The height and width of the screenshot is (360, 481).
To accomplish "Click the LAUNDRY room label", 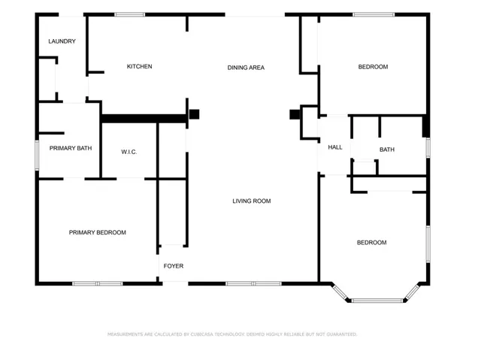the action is tap(62, 41).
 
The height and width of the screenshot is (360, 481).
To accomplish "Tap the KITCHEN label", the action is tap(140, 66).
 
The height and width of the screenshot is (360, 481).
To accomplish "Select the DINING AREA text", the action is tap(246, 68).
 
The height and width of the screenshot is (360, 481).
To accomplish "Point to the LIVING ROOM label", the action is tap(252, 201).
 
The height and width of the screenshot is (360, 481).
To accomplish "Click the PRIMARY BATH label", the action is tap(71, 148).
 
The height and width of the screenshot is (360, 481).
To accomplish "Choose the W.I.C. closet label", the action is tap(129, 152).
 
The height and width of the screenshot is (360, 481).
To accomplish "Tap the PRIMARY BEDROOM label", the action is tap(98, 232).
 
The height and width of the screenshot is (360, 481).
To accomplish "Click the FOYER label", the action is tap(174, 266).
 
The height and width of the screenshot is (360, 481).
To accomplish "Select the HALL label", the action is tap(335, 147).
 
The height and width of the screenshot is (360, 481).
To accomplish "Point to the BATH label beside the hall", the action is tap(387, 150).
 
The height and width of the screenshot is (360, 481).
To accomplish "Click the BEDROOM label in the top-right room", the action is tap(373, 67).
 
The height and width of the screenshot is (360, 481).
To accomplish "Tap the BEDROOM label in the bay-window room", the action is tap(372, 243).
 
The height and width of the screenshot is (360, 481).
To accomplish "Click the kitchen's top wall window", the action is tap(130, 14).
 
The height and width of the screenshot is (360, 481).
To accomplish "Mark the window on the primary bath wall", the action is tap(37, 155).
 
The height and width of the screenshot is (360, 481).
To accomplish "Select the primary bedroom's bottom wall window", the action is tap(98, 283).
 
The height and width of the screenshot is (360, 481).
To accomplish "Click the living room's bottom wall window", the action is tap(253, 283).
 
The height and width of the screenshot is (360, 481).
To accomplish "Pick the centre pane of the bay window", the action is tap(377, 301).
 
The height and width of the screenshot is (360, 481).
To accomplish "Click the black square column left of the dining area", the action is tap(194, 114).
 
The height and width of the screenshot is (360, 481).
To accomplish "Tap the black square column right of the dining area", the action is tap(295, 114).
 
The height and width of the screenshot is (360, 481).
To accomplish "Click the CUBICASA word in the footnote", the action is tap(202, 334).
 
